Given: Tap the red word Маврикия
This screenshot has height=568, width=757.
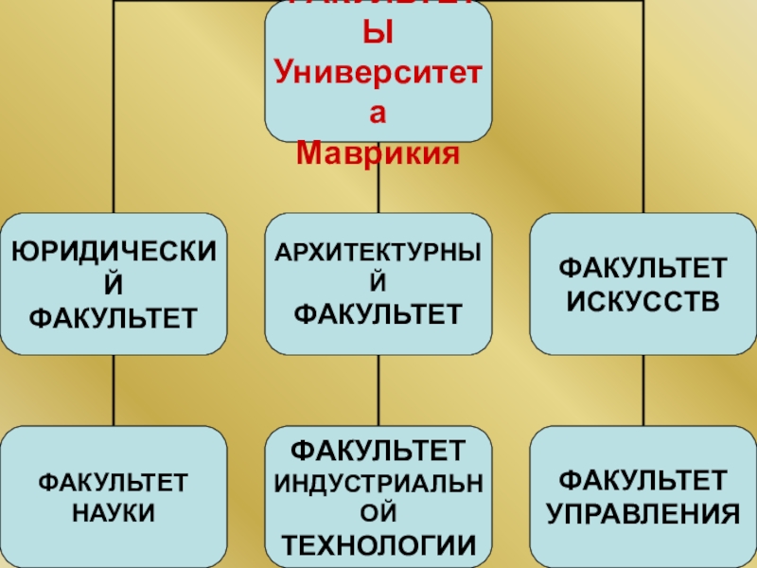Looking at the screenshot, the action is click(378, 151).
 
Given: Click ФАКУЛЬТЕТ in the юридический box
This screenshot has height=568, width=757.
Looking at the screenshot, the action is click(114, 315).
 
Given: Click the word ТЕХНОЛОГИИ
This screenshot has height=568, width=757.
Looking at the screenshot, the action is click(378, 545).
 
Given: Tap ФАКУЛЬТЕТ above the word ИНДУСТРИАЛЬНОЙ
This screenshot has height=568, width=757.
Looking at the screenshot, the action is click(378, 446).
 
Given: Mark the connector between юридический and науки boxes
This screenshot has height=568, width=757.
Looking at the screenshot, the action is click(114, 390).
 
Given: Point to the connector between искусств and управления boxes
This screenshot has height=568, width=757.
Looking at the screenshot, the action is click(643, 390).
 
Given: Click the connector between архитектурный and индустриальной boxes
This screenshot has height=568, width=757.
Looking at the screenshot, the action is click(378, 390).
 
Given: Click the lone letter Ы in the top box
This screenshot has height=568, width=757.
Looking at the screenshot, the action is click(378, 38).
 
